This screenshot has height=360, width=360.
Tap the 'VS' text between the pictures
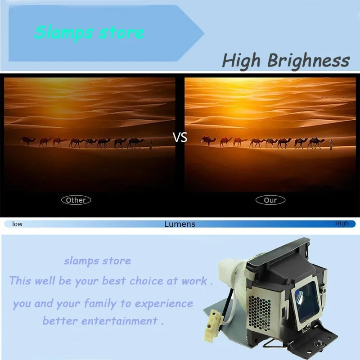point(180,138)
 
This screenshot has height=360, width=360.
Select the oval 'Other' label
point(76,200)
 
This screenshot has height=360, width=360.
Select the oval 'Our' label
point(270,200)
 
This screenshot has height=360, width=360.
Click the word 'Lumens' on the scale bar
point(180,224)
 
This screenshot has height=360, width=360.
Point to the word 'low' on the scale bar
point(17,224)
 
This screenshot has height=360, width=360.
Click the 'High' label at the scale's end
point(342,223)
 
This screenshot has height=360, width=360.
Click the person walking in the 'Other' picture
point(151,144)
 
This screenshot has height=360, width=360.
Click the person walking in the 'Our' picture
point(331,143)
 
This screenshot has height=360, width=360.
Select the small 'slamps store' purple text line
point(97,261)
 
